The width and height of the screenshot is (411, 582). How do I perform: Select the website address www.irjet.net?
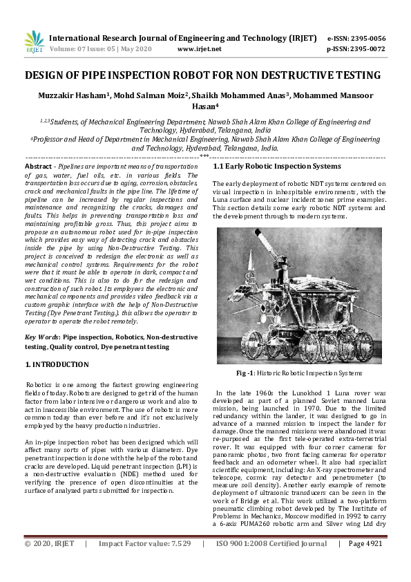pyautogui.click(x=200, y=49)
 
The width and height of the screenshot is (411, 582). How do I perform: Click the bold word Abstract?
pyautogui.click(x=38, y=167)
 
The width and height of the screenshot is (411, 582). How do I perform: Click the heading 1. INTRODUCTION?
pyautogui.click(x=57, y=364)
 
